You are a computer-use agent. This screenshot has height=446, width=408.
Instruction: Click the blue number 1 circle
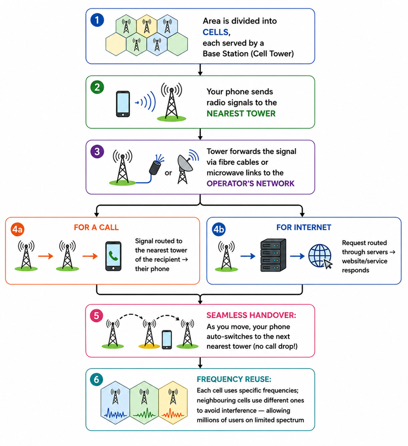point(97,20)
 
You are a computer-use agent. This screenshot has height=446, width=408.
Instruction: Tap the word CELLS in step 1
point(215,32)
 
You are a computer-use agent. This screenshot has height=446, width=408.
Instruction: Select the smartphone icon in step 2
point(123,104)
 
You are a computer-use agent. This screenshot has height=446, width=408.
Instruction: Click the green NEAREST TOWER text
point(241,114)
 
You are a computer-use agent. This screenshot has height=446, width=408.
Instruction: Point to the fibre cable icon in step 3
point(156,165)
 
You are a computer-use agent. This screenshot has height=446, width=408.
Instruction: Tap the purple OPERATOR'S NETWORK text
point(251,183)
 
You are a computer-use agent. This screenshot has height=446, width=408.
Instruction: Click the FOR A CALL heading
point(96,227)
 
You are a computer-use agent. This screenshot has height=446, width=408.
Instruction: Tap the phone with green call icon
point(113,256)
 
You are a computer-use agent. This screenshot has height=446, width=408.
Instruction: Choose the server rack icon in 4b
point(273,255)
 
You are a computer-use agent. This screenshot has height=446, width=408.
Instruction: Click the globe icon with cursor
point(320,256)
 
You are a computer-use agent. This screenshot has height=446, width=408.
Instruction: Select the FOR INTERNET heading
point(304,227)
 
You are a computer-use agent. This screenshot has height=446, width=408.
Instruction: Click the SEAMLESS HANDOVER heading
point(251,315)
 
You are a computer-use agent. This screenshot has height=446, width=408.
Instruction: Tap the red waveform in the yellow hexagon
point(173,413)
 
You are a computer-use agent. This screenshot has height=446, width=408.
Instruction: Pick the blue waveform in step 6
point(116,413)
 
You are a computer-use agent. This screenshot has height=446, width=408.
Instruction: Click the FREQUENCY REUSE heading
point(234,379)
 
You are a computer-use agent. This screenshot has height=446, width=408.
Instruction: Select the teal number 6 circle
point(96,380)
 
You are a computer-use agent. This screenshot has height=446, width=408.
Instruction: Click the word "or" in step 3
point(168,173)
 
